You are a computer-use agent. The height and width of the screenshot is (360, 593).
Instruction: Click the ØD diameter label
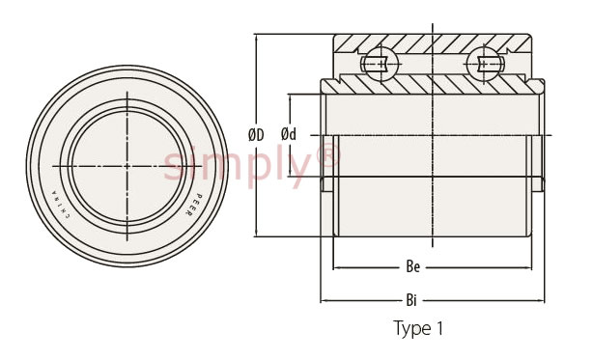(x=256, y=135)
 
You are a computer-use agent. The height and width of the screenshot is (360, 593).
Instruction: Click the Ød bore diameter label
(x=289, y=135)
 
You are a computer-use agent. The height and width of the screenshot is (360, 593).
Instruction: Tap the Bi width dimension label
(x=414, y=300)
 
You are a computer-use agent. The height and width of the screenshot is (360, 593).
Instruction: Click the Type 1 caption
(x=418, y=328)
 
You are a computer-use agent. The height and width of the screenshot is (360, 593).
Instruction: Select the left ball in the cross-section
(x=380, y=63)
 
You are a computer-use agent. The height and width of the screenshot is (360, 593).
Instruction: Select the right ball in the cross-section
(x=486, y=63)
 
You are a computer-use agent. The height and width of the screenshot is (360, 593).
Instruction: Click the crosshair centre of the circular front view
(x=127, y=166)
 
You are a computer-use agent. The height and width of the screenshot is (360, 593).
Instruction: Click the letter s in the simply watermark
(x=174, y=167)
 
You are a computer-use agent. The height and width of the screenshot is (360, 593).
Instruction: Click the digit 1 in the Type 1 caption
(x=439, y=328)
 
